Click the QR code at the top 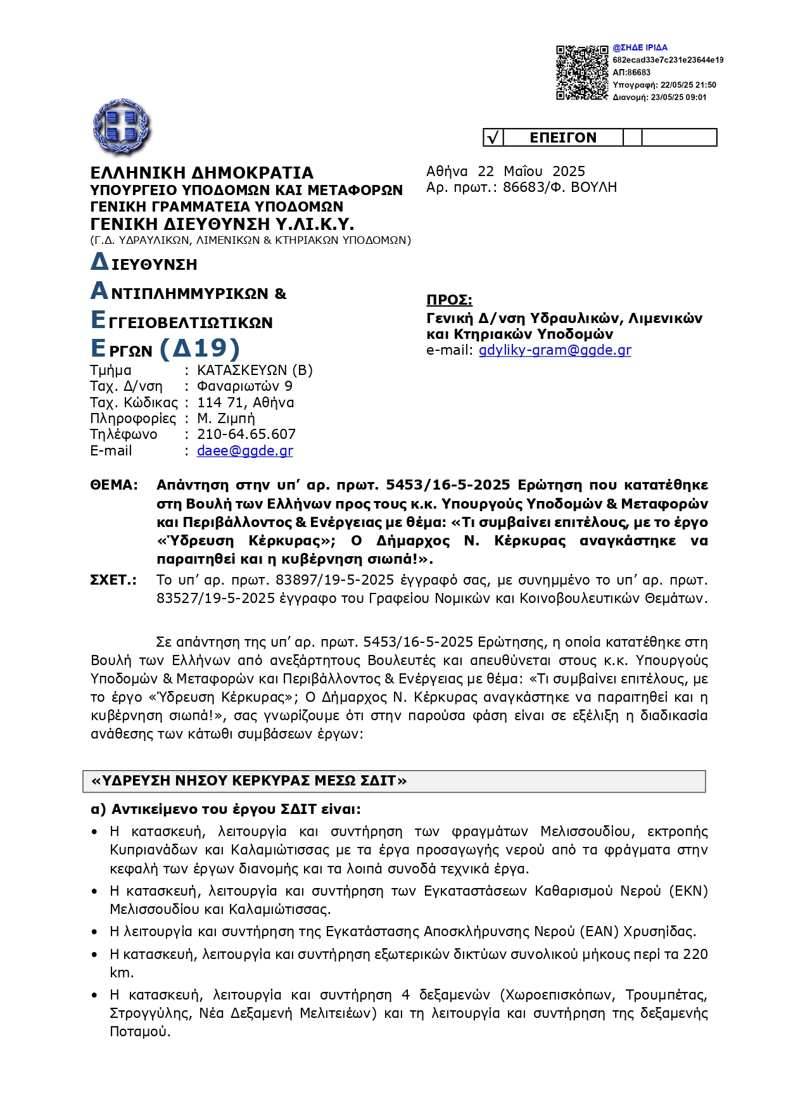tap(581, 72)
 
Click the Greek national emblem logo tap(122, 127)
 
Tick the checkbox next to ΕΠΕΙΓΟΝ tap(493, 137)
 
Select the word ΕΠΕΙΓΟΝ tap(562, 137)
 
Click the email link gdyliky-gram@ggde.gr tap(554, 350)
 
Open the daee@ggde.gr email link tap(244, 450)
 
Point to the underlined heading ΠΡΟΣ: tap(449, 300)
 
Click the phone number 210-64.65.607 tap(246, 435)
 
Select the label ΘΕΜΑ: tap(114, 485)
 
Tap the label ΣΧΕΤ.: tap(113, 580)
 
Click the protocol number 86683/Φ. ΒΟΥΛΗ tap(559, 187)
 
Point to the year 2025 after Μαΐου tap(568, 172)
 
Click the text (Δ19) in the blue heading tap(200, 348)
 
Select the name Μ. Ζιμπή tap(225, 419)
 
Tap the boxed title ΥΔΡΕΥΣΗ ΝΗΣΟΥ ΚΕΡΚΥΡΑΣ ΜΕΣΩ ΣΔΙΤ tap(249, 781)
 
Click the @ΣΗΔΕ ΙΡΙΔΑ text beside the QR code tap(640, 48)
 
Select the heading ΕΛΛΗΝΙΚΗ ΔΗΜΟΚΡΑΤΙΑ tap(201, 173)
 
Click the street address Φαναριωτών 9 tap(244, 386)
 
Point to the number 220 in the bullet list tap(695, 955)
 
